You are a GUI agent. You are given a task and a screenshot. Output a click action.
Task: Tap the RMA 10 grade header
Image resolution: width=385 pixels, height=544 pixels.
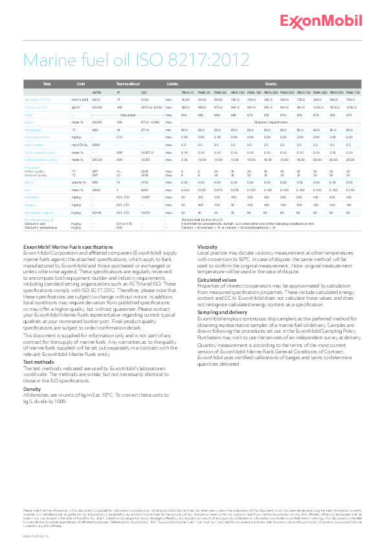188,92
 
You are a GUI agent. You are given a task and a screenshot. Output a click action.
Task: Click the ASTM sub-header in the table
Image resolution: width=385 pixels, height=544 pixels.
97,92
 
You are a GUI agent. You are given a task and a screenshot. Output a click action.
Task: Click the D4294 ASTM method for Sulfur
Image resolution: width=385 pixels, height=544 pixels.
97,121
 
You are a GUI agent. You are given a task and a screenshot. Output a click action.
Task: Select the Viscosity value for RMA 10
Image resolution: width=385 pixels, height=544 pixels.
185,100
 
